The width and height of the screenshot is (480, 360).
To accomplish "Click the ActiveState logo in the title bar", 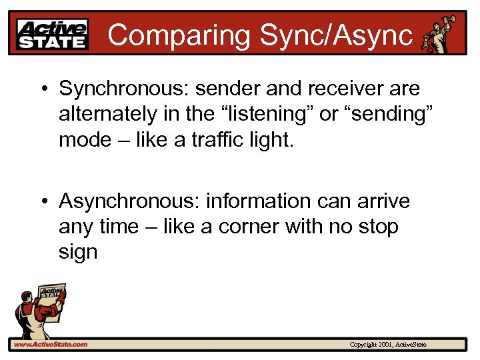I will click(x=53, y=34).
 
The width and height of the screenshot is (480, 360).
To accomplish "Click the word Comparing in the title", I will click(x=175, y=35).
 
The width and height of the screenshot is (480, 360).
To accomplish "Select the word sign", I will click(x=78, y=253).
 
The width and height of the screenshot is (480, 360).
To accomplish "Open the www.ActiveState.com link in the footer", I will click(x=51, y=345).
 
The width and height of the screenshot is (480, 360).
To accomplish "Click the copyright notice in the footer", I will click(x=388, y=345).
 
